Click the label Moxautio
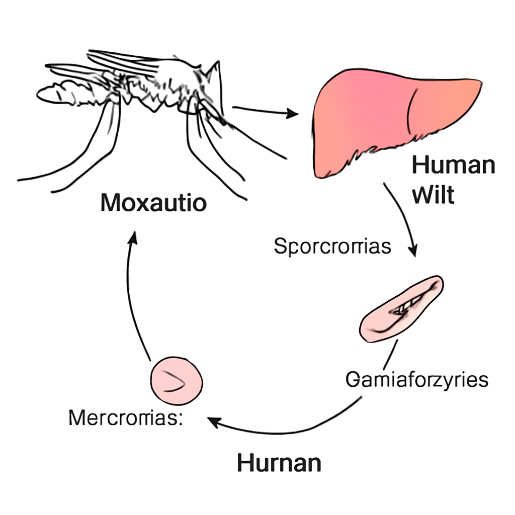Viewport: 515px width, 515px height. tap(154, 203)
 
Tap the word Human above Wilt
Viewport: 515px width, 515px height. tap(454, 165)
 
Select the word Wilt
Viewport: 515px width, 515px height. tap(433, 195)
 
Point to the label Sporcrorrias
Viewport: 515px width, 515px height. tap(332, 246)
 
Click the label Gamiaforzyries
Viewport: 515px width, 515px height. tap(417, 380)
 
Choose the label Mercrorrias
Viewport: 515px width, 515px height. tap(125, 418)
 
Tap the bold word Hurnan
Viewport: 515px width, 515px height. tap(279, 463)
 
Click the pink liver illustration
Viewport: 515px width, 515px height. tap(394, 122)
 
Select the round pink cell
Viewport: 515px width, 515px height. tap(177, 381)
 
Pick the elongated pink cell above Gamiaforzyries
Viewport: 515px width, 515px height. tap(401, 309)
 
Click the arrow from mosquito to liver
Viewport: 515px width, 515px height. tap(266, 111)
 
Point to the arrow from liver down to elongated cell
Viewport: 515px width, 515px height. tap(403, 217)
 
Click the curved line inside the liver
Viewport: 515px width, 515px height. tap(410, 112)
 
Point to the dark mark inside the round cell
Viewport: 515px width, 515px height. tap(174, 381)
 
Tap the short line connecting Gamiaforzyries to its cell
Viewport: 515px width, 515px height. tap(391, 355)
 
